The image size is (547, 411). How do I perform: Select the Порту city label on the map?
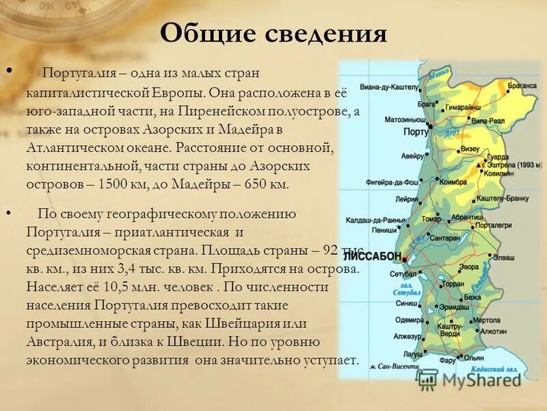(x=417, y=130)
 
